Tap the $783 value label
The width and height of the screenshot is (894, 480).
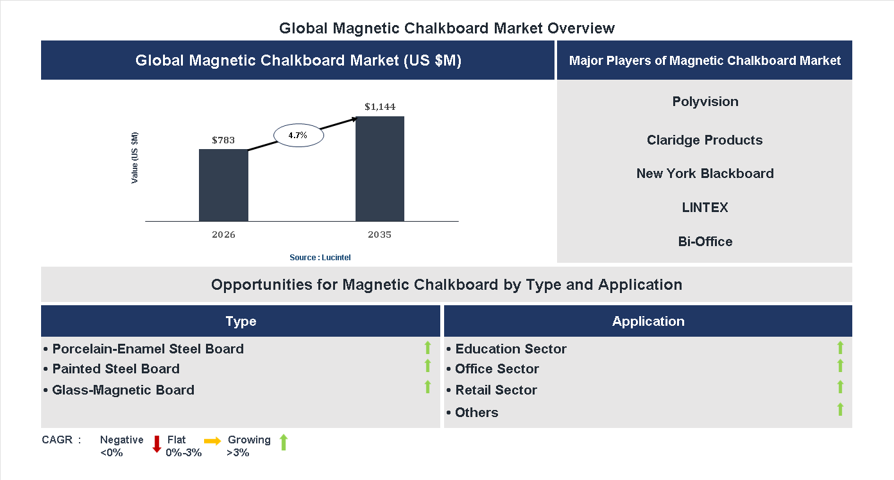coord(223,139)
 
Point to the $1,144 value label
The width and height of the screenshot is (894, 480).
coord(380,107)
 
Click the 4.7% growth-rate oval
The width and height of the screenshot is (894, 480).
coord(298,135)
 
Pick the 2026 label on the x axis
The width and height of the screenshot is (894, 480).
coord(223,235)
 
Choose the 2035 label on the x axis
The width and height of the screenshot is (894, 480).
coord(380,235)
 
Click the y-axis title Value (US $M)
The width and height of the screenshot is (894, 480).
coord(135,157)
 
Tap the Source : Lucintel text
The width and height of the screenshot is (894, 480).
coord(320,257)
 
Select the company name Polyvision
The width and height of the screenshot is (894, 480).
coord(705,102)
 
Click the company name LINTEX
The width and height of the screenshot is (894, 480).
coord(705,208)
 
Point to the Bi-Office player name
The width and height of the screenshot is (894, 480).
coord(705,242)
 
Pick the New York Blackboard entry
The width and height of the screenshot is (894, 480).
coord(705,173)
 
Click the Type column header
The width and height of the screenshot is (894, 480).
coord(241,321)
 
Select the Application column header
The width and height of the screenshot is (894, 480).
coord(648,321)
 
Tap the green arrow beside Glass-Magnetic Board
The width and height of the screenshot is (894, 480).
coord(427,387)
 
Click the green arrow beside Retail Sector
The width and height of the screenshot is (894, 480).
coord(840,387)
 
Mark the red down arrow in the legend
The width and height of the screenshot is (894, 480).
coord(157,443)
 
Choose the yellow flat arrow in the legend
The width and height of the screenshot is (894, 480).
coord(212,441)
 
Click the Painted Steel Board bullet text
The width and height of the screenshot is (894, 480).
coord(116,369)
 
